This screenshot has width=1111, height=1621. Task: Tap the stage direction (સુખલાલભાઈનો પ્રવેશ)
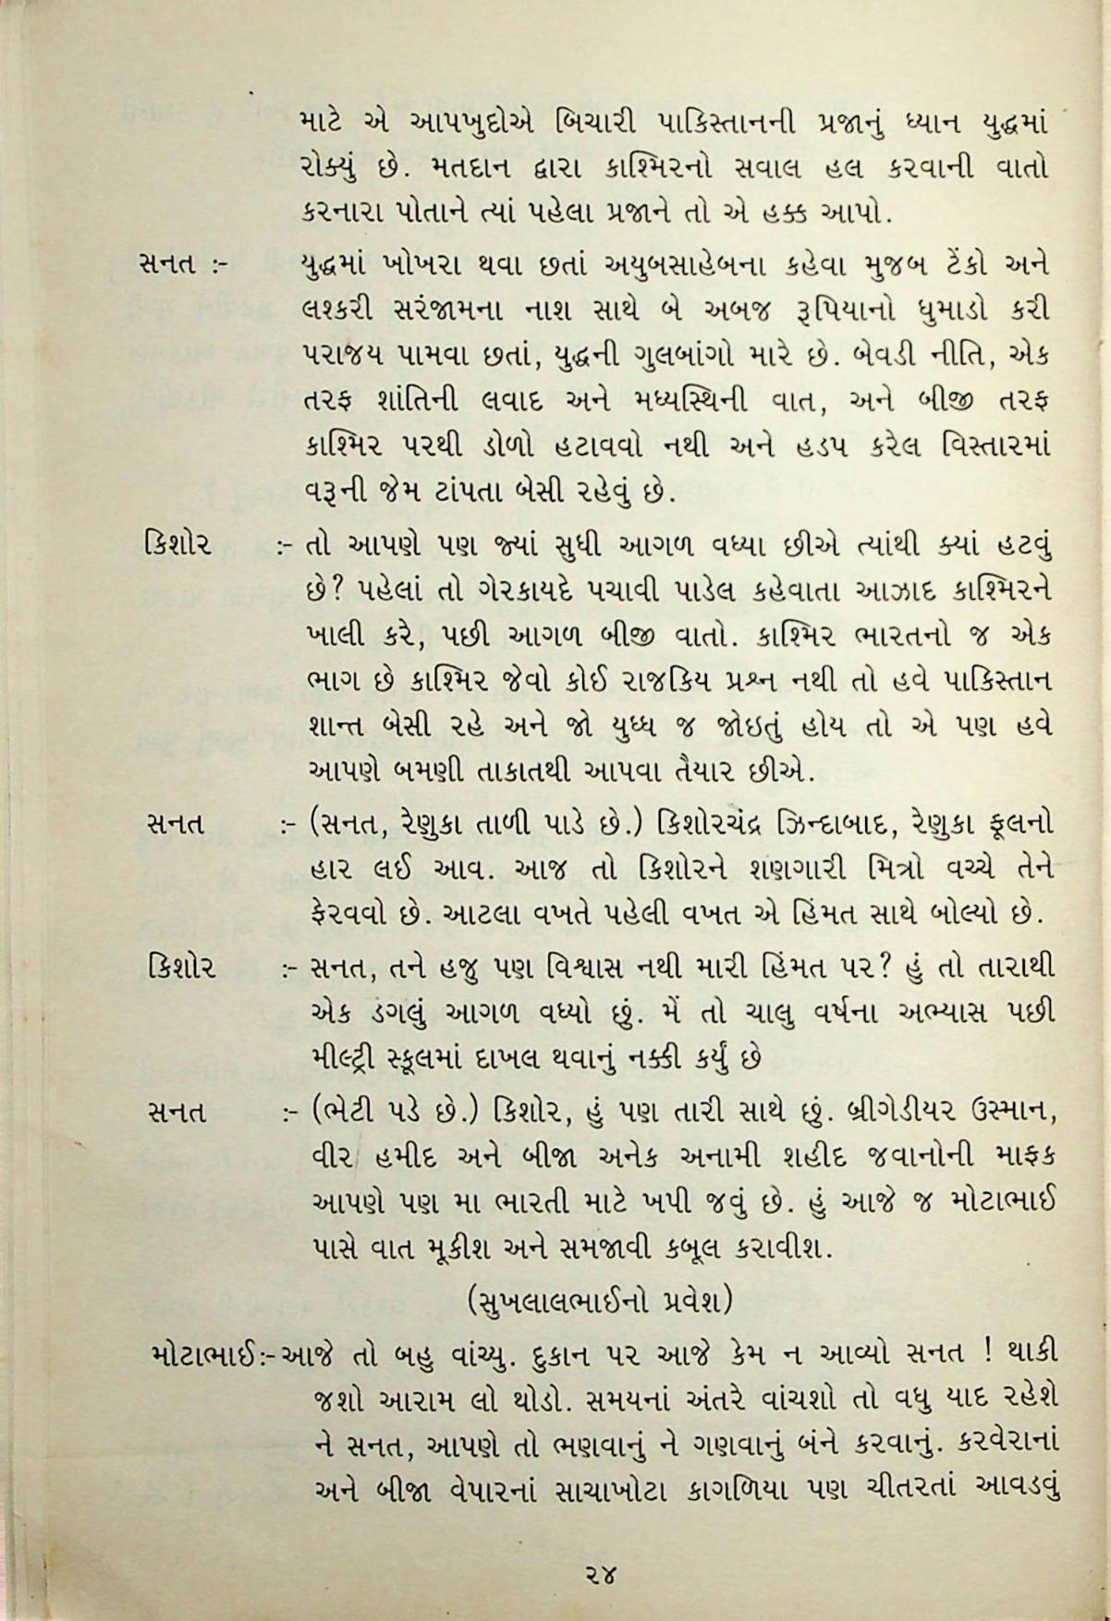pyautogui.click(x=600, y=1300)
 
